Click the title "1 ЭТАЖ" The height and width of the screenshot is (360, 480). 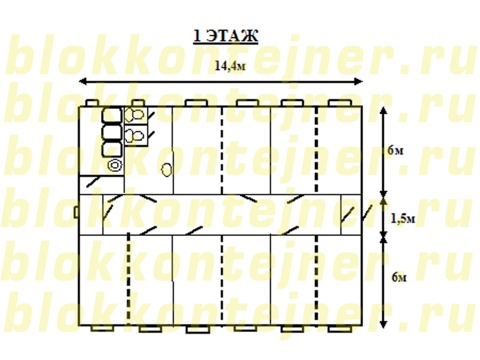tap(226, 36)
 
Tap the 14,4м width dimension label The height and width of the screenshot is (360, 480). tap(230, 66)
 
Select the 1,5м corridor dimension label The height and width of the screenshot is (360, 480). tap(403, 219)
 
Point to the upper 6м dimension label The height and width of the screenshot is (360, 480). tap(396, 150)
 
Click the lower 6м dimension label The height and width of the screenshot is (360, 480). tap(399, 277)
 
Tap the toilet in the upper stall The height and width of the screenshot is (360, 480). tap(134, 115)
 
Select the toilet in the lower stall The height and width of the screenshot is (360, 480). tap(134, 135)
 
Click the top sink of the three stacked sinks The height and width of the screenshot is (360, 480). tap(112, 115)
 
